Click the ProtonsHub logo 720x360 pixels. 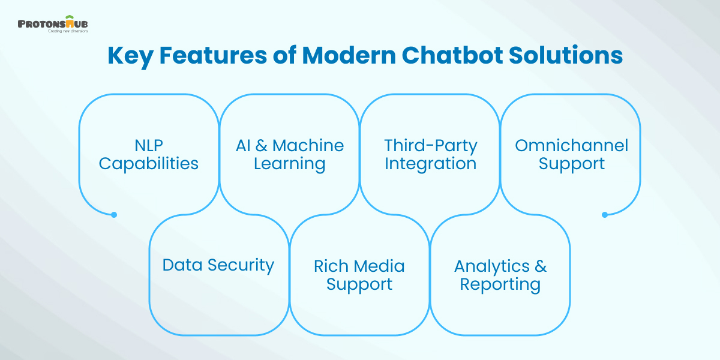pos(53,25)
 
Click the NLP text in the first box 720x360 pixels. pos(149,145)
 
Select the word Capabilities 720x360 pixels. pos(149,163)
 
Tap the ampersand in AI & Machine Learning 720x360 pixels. pos(261,145)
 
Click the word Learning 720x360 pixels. pos(290,163)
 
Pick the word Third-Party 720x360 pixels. pos(430,145)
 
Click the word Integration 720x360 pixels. pos(430,163)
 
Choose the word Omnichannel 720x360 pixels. pos(571,145)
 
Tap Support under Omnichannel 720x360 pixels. pos(571,163)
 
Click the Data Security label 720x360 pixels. pos(218,265)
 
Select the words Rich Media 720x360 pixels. pos(359,265)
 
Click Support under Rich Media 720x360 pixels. pos(359,284)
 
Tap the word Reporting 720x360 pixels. pos(500,284)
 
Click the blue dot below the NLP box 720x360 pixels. pos(114,214)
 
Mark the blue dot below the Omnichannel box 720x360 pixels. pos(605,214)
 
